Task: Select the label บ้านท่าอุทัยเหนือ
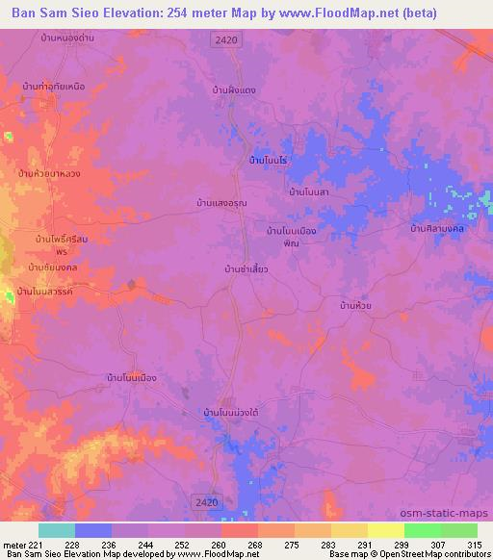pos(54,87)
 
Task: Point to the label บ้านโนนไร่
pos(269,158)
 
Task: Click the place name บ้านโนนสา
pos(310,192)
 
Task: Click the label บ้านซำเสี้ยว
pos(246,269)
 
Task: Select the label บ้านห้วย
pos(356,305)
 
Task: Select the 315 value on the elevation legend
pos(472,544)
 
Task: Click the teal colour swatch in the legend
pos(57,530)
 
